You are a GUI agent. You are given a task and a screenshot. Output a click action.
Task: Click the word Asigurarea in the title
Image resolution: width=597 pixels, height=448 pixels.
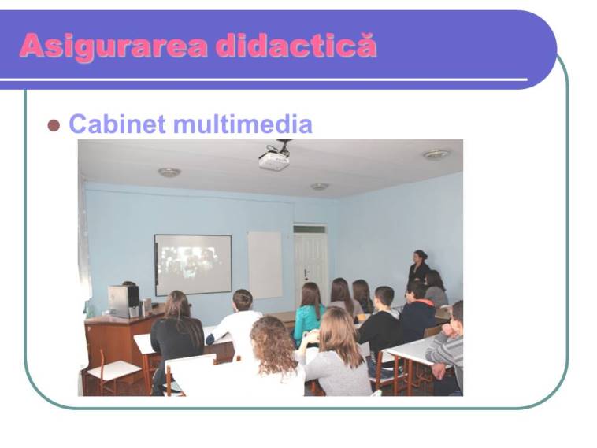pos(113,46)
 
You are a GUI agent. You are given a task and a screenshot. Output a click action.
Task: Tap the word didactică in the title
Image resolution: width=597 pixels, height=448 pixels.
pos(296,46)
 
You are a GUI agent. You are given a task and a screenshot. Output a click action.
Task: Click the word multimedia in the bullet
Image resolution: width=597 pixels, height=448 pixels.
pos(243,124)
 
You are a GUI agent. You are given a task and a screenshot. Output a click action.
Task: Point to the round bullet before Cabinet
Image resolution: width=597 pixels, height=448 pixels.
pos(54,125)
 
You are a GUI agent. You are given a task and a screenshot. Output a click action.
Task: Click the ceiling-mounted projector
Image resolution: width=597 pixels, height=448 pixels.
pos(275,157)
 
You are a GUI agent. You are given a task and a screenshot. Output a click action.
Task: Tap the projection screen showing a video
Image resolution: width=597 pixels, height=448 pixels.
pos(193,265)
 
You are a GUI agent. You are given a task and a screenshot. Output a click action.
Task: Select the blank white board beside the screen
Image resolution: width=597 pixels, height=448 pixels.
pos(265,265)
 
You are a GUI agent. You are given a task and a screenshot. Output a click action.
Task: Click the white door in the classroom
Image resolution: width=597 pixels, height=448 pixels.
pos(310,263)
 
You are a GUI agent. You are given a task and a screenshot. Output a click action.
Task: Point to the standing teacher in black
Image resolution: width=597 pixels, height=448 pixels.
pos(418,270)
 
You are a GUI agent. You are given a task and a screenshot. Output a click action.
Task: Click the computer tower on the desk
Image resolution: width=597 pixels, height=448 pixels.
pos(124,302)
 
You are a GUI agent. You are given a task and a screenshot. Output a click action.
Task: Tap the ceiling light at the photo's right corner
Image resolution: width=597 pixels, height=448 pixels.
pos(436,154)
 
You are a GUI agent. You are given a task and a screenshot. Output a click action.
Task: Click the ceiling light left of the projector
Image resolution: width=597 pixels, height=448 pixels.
pos(169,172)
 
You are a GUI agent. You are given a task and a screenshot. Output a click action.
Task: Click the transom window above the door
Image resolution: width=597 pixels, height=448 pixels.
pos(310,230)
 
